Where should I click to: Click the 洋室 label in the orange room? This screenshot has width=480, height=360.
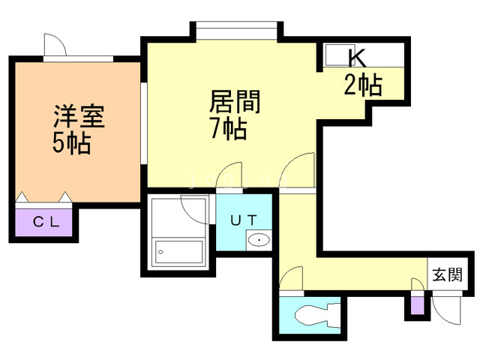[78, 118]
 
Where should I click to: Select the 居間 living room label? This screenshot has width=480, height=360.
[234, 101]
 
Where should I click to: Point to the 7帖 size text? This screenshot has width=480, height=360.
[228, 129]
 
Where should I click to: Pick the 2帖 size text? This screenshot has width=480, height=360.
[363, 85]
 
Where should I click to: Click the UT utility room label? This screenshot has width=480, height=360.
[245, 220]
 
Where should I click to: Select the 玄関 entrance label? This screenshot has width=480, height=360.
[447, 274]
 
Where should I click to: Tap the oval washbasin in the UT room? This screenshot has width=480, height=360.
[259, 241]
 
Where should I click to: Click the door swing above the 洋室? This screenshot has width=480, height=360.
[55, 45]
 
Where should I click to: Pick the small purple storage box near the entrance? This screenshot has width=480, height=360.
[416, 305]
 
